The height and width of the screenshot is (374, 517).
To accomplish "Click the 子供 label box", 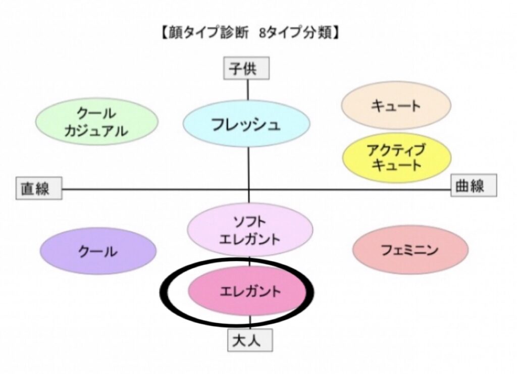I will tap(247, 69).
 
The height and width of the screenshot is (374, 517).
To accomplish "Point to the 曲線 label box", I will tap(474, 185).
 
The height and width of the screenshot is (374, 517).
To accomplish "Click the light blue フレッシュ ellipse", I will tap(246, 125).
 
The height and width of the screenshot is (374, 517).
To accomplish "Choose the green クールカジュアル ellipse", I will tap(96, 122).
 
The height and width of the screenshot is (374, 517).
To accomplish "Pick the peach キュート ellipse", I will tap(396, 105).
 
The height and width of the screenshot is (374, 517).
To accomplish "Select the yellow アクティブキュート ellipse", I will tap(396, 157).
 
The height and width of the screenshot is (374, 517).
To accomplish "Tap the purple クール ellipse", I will tap(98, 251).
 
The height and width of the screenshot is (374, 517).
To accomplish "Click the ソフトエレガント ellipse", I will tap(249, 230).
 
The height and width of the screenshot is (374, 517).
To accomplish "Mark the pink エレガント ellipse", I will tap(247, 291).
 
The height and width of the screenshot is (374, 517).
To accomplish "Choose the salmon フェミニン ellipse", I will tap(410, 250).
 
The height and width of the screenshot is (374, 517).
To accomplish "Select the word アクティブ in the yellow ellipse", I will tap(396, 149).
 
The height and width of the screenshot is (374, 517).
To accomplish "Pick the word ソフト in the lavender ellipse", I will tap(249, 221).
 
